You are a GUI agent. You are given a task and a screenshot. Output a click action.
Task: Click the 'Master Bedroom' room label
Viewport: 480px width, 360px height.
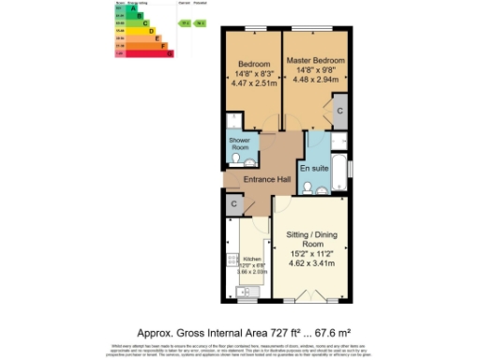[x=316, y=60]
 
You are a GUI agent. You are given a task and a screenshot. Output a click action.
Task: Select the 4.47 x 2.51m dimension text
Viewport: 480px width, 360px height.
[x=252, y=82]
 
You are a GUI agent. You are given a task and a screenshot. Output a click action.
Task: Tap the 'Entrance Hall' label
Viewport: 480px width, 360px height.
[x=267, y=178]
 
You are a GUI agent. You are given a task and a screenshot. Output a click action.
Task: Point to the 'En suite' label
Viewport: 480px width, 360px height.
[x=325, y=166]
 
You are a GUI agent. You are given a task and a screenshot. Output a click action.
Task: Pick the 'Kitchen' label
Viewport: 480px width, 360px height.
[x=251, y=259]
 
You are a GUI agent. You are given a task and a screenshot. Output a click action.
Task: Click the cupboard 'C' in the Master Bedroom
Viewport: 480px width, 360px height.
[x=339, y=111]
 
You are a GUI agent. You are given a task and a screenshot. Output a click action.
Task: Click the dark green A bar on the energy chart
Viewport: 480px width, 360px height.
[x=132, y=8]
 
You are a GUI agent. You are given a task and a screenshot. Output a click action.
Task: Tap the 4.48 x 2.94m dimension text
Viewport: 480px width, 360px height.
[x=316, y=79]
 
